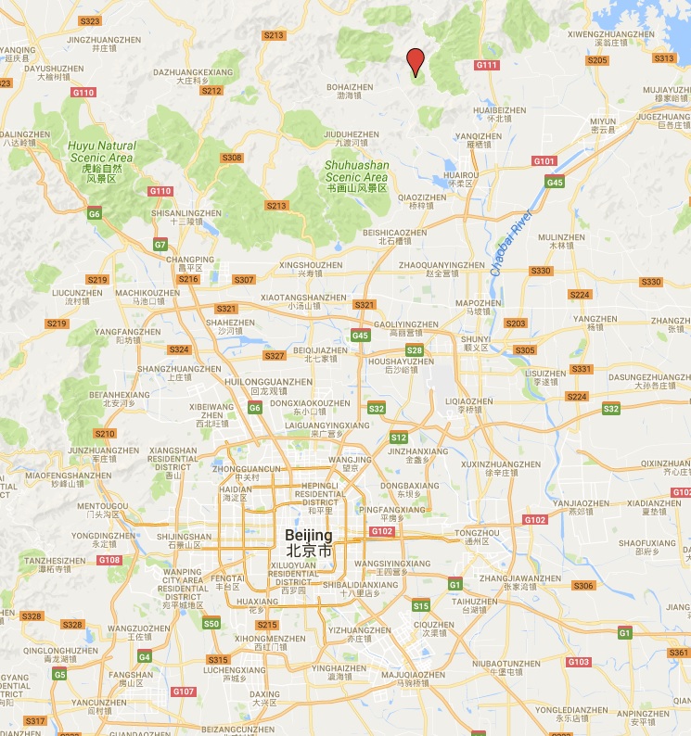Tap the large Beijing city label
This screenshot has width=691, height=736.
tap(308, 543)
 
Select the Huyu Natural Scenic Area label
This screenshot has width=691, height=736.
tap(101, 152)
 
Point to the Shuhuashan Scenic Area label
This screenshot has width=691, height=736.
tap(356, 171)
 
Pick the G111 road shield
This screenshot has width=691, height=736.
tap(487, 65)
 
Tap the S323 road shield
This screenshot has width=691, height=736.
tap(91, 20)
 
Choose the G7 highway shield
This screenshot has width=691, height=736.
tap(160, 245)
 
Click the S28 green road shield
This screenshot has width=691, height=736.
tap(415, 349)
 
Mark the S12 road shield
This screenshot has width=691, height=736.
tap(399, 438)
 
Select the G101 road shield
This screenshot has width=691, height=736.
tap(544, 161)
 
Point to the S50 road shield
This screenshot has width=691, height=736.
tap(211, 624)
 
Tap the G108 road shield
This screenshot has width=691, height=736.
tap(109, 560)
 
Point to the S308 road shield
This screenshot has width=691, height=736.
tap(232, 158)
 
